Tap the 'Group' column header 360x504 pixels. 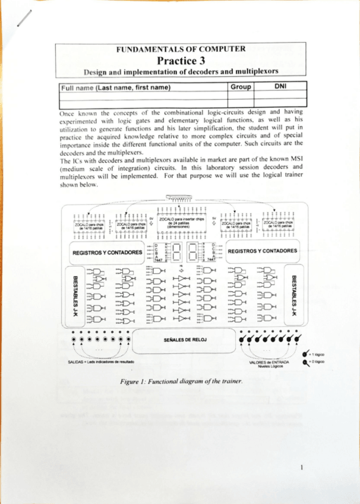click(x=241, y=87)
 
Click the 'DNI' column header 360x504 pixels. click(x=281, y=87)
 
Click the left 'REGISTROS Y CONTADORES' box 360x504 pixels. click(x=107, y=252)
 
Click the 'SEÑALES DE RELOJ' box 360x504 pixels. click(x=185, y=340)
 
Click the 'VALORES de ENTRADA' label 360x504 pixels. click(x=269, y=362)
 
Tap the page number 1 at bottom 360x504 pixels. click(x=302, y=468)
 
